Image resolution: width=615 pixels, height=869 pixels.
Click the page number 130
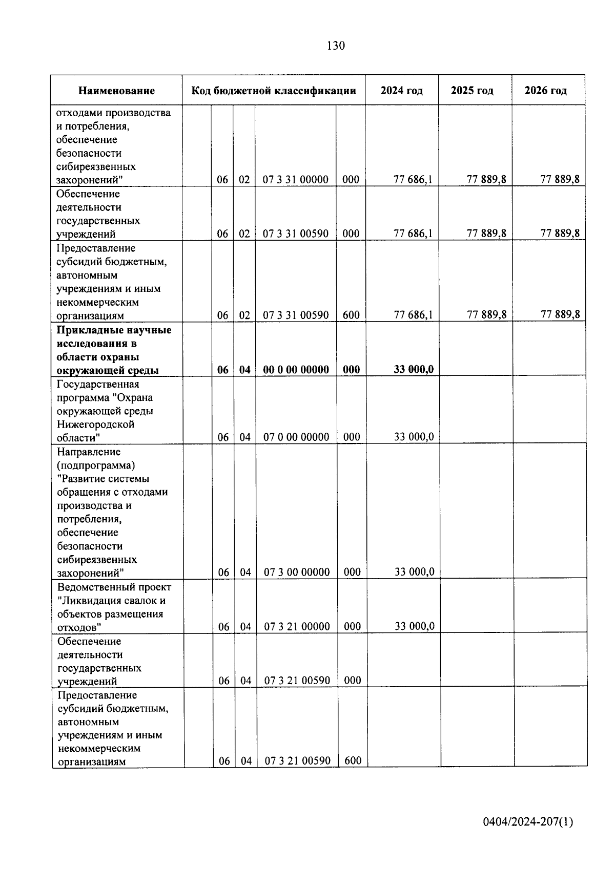tap(336, 46)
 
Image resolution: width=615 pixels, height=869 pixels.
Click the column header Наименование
tap(116, 91)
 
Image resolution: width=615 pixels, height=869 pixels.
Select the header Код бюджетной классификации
tap(274, 91)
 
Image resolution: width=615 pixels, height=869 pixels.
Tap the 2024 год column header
tap(402, 91)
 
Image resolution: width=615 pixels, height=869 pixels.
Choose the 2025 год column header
tap(472, 91)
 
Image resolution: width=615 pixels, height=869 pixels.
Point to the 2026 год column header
tap(545, 91)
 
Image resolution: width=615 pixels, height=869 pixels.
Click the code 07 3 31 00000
tap(296, 179)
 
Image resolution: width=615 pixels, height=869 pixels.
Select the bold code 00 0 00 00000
tap(296, 369)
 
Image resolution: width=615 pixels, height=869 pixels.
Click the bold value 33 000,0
tap(414, 369)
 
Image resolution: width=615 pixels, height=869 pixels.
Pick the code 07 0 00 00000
tap(296, 437)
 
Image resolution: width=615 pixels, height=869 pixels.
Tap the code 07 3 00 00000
tap(297, 572)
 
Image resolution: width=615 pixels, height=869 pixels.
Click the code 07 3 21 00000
tap(297, 626)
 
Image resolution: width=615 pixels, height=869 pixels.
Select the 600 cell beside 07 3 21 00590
tap(353, 760)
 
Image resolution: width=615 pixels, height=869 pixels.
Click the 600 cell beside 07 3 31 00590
tap(351, 315)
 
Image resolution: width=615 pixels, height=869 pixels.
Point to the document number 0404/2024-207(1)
tap(528, 822)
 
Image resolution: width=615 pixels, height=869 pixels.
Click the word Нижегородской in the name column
tap(95, 424)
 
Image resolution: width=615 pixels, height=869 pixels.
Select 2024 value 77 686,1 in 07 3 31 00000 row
tap(413, 179)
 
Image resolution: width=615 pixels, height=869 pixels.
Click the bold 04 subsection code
tap(245, 369)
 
